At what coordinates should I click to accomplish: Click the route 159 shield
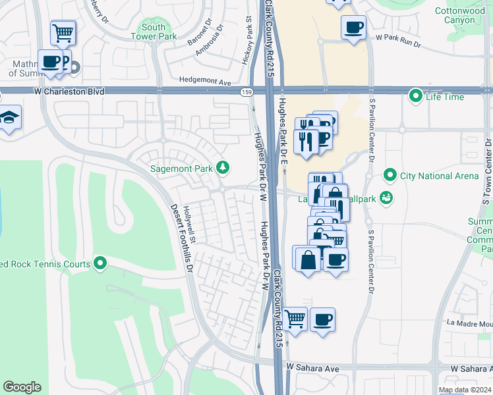(246, 92)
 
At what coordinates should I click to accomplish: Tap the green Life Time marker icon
(416, 97)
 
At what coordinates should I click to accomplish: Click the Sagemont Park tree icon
(223, 169)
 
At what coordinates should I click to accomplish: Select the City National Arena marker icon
(390, 176)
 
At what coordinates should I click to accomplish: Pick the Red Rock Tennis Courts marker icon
(100, 264)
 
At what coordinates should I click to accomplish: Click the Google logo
(22, 387)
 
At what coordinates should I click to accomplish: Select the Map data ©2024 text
(465, 390)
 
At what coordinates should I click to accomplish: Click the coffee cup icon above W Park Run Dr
(353, 27)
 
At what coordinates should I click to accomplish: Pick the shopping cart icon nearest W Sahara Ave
(295, 319)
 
